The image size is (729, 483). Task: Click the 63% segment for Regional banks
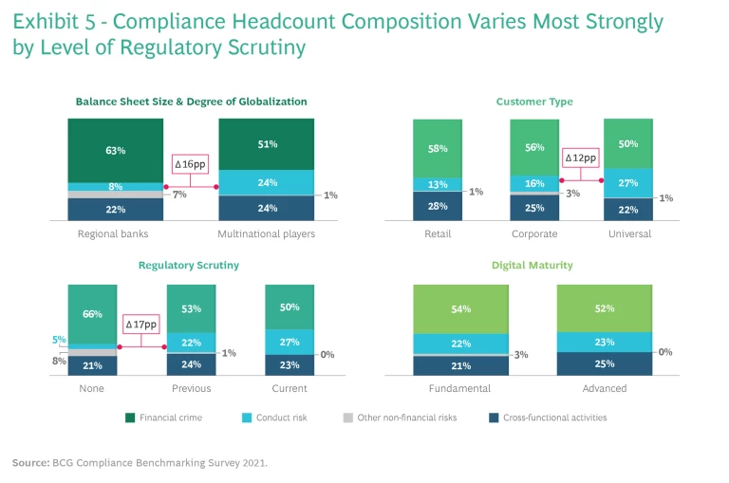115,150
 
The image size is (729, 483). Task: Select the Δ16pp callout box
191,164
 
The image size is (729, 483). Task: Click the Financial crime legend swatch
130,417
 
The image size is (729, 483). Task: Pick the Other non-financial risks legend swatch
348,417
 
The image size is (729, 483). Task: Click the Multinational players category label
267,234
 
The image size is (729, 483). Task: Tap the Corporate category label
533,234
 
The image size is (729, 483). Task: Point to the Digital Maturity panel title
533,266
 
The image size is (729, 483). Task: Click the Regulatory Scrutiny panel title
190,266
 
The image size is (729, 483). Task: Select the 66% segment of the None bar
91,314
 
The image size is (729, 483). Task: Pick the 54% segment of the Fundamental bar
461,309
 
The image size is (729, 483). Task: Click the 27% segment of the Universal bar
627,183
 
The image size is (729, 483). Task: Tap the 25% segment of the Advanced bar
605,363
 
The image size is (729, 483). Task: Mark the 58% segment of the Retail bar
437,149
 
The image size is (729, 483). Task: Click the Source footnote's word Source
29,462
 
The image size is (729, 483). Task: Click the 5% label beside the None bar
58,340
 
